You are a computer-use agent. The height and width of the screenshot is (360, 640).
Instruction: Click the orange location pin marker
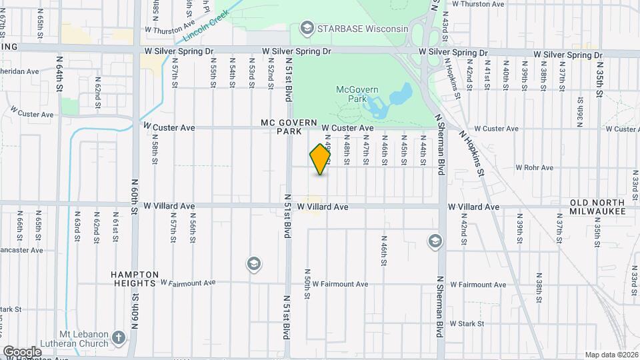(321, 159)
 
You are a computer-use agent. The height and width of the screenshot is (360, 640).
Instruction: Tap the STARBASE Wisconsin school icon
(307, 28)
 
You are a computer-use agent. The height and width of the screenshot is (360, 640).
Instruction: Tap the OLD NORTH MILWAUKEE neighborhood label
(597, 206)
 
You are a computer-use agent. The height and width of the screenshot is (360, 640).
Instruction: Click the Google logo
(21, 351)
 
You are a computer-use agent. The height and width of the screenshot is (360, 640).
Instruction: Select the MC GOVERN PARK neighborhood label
(278, 127)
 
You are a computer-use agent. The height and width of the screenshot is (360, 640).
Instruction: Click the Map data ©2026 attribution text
(611, 355)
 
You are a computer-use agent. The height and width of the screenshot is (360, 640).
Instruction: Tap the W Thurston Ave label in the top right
(479, 3)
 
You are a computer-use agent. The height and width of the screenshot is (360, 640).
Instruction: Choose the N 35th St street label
(599, 78)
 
